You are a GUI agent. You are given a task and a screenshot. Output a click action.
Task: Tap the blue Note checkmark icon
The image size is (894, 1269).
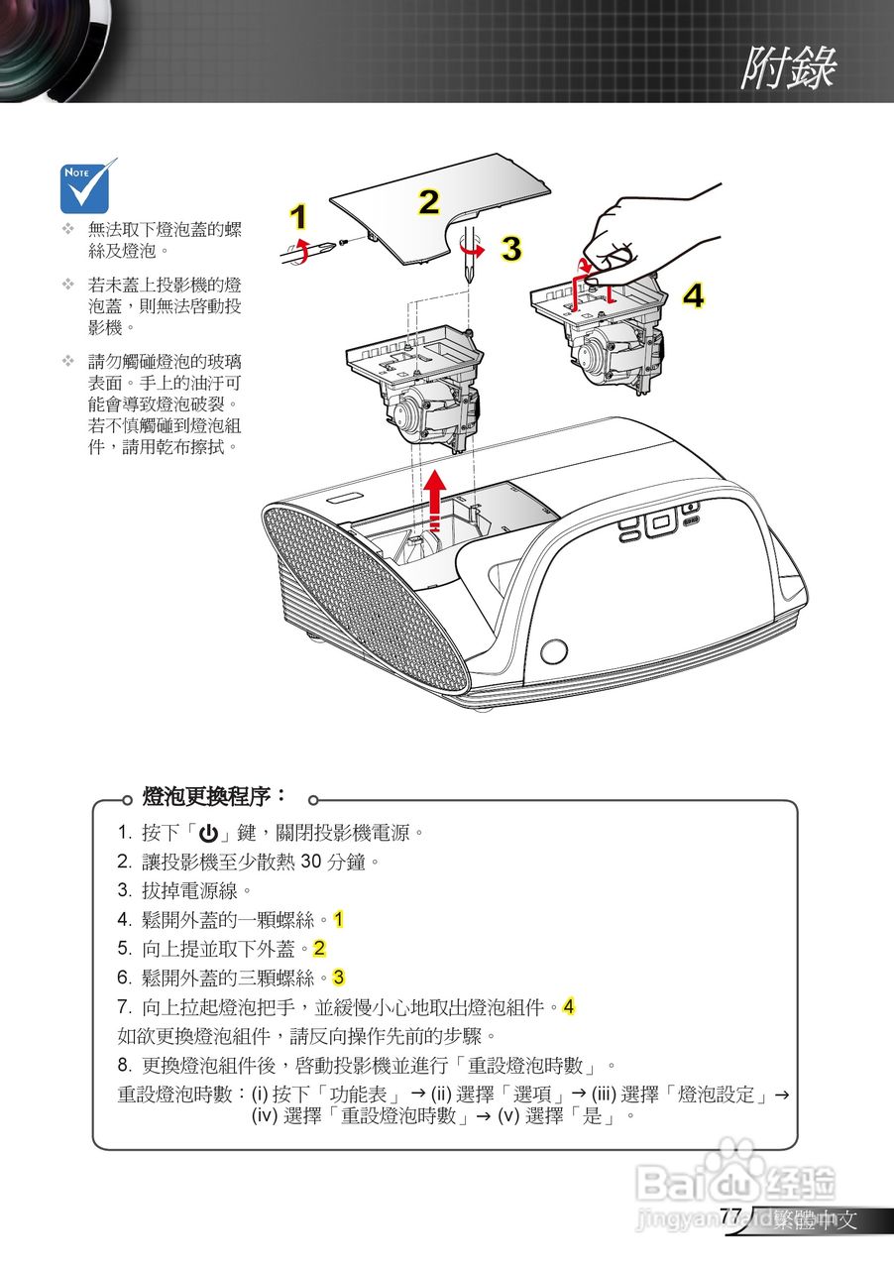88,186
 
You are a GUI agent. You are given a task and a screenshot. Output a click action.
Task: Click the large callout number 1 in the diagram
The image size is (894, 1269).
298,217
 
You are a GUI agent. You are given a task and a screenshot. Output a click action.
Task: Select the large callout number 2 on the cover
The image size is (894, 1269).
427,201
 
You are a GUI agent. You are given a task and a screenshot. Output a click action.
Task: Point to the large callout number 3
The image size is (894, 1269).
510,249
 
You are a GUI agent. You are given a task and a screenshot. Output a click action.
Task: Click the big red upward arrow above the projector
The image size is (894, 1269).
433,495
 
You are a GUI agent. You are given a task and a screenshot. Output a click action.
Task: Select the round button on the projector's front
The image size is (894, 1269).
555,651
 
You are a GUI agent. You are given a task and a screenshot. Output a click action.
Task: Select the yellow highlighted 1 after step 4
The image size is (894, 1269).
339,919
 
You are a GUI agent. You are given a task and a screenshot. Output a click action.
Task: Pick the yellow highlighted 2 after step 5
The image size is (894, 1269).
319,949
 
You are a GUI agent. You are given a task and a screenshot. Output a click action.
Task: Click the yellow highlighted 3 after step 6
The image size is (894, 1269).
339,978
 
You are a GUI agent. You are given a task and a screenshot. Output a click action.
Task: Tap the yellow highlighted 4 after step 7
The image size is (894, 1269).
569,1007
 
